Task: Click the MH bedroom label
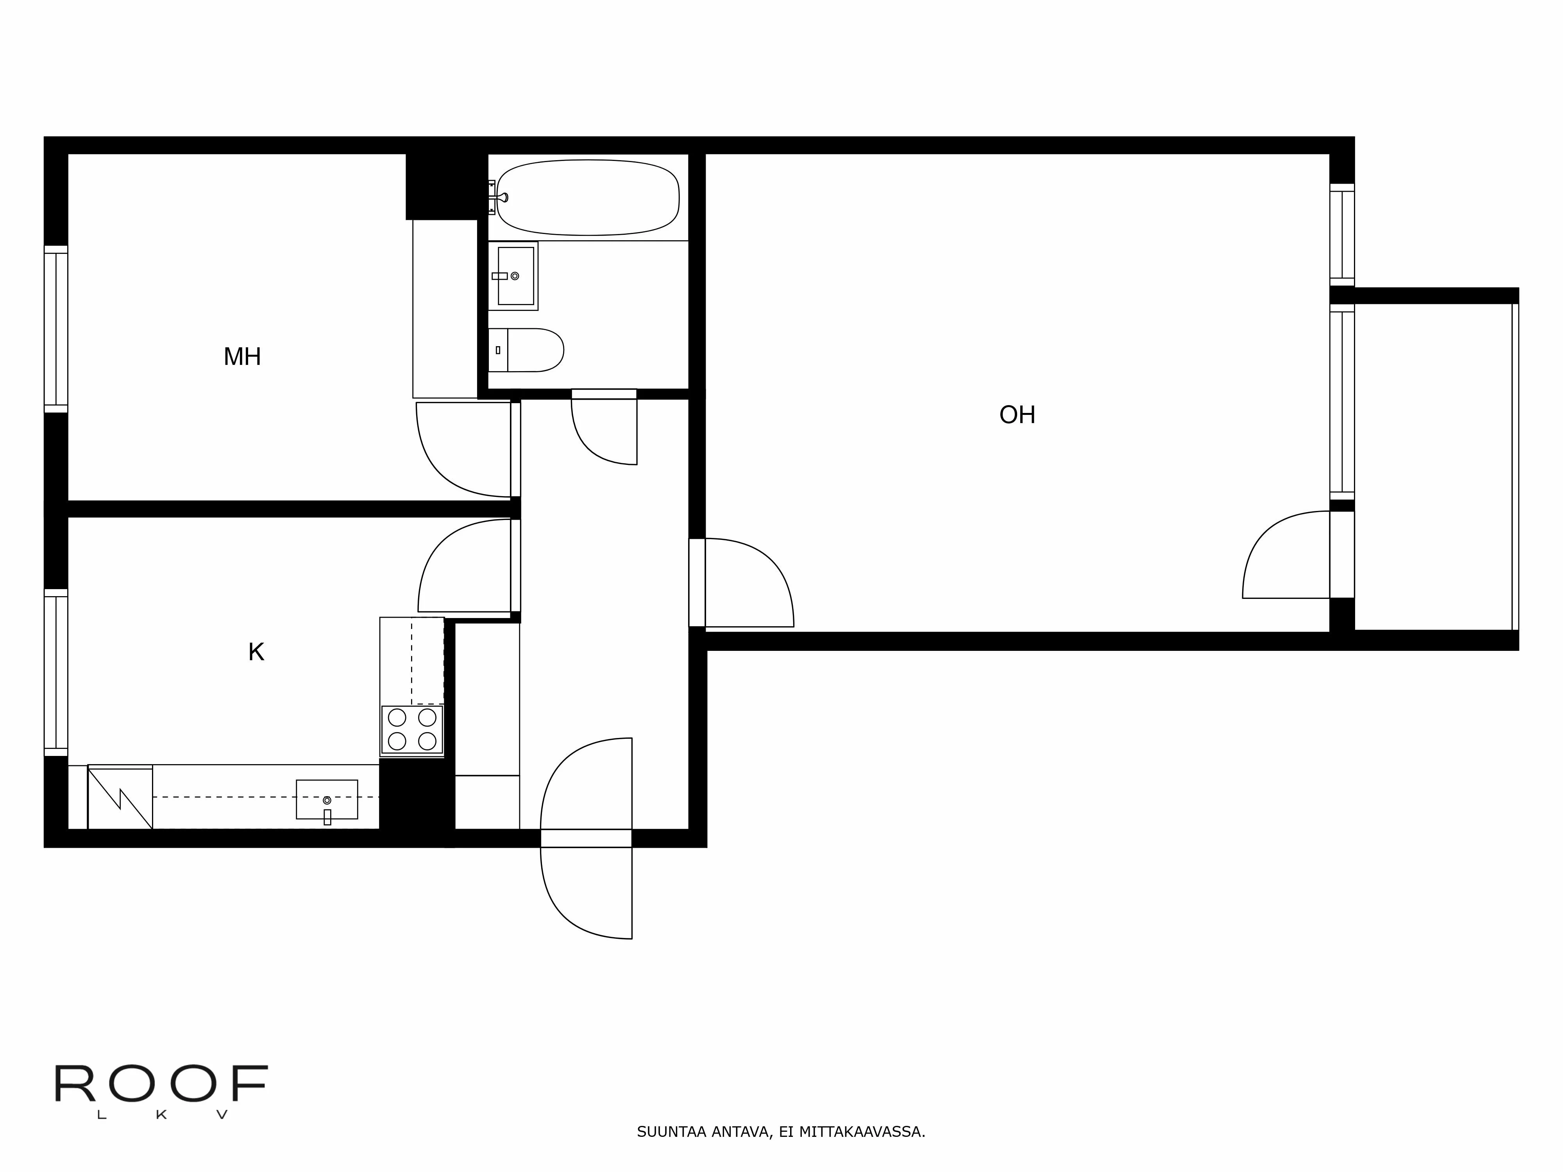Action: pyautogui.click(x=242, y=357)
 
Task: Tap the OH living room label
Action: pyautogui.click(x=1017, y=414)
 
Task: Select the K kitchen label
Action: pyautogui.click(x=256, y=652)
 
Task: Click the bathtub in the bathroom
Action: pyautogui.click(x=588, y=197)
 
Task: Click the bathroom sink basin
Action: pyautogui.click(x=515, y=275)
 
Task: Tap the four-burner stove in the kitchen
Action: pyautogui.click(x=412, y=729)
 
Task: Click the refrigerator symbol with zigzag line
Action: pyautogui.click(x=120, y=797)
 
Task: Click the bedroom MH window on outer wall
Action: pyautogui.click(x=56, y=329)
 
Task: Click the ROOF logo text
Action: pyautogui.click(x=161, y=1084)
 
